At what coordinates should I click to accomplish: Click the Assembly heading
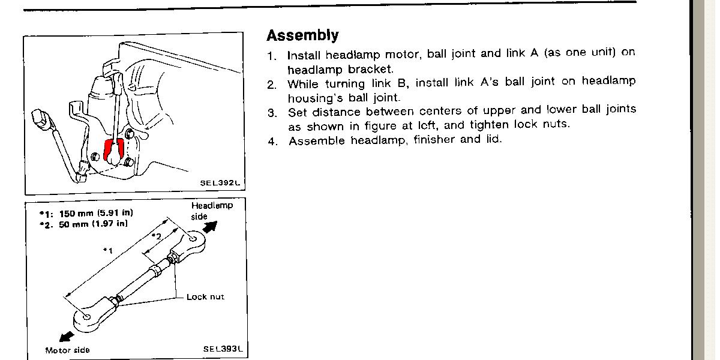(x=302, y=35)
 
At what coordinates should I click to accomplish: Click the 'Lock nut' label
(x=205, y=297)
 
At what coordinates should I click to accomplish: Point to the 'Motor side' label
(x=67, y=350)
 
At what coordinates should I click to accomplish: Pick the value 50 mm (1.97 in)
(x=95, y=224)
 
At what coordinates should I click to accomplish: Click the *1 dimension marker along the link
(x=108, y=249)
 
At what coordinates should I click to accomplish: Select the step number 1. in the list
(x=272, y=56)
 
